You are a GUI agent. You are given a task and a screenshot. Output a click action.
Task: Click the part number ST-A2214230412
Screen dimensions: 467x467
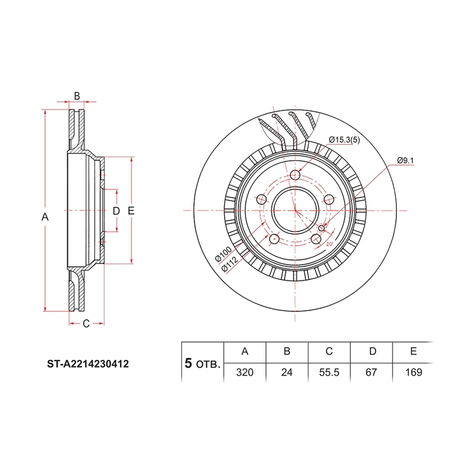point(88,364)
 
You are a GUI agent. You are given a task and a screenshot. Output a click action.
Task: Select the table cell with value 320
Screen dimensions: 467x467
point(244,372)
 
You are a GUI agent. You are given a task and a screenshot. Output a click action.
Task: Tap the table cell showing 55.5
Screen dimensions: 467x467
point(329,372)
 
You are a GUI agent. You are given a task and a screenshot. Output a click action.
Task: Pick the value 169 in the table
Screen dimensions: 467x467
point(414,372)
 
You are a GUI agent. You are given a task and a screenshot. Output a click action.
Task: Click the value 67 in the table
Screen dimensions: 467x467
point(371,372)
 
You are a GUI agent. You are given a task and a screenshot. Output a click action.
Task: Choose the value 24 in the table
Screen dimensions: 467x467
point(287,372)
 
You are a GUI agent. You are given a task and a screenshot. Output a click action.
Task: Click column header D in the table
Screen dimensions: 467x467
point(372,351)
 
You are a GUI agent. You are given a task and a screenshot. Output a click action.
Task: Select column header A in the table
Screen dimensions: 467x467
point(245,351)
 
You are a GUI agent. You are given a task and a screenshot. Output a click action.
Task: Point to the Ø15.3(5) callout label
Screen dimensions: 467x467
point(344,140)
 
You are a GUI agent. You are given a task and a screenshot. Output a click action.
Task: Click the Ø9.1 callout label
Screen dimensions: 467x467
point(405,160)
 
